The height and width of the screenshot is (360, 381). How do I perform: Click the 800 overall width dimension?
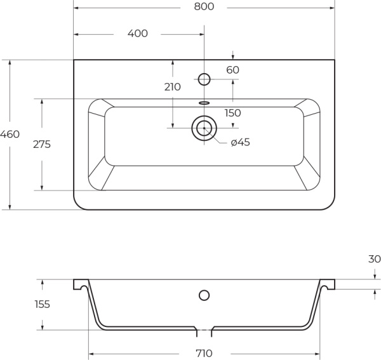point(204,7)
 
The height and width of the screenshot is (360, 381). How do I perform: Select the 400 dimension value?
point(137,34)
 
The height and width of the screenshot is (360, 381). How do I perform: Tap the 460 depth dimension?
point(10,135)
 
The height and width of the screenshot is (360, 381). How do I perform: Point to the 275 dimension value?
point(42,144)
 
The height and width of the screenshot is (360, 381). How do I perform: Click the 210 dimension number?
point(172,87)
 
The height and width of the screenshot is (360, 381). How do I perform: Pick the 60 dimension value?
point(232,70)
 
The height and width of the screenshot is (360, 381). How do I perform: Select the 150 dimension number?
point(232,113)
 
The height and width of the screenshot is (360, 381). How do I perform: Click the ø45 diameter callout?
point(240,142)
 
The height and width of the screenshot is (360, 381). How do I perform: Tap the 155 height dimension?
point(41,304)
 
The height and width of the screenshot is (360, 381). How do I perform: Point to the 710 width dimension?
point(204,353)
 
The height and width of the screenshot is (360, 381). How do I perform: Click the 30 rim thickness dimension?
point(374,259)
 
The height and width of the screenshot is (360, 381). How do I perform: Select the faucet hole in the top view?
point(204,79)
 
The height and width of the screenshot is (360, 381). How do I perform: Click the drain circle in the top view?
point(204,128)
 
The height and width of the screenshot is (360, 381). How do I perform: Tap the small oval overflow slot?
point(204,102)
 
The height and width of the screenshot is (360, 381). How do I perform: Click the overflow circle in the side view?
point(204,295)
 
